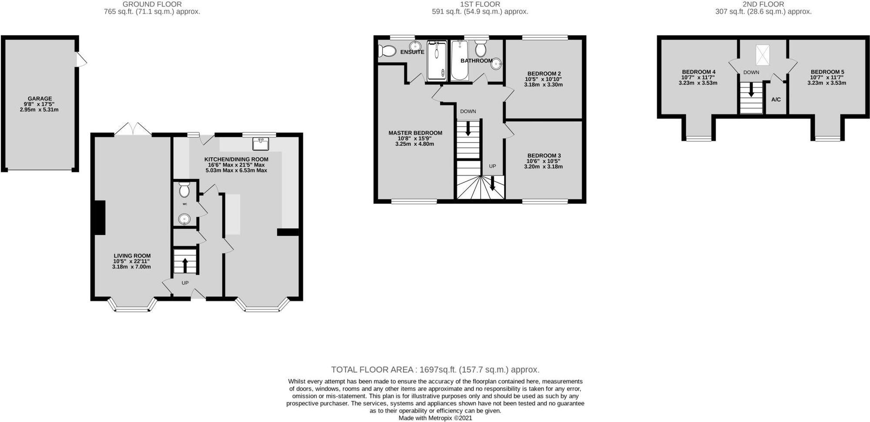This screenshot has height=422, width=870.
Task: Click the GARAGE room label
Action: click(39, 99)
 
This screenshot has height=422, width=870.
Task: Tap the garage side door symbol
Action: click(81, 60)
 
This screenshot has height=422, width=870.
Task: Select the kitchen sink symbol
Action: click(261, 142)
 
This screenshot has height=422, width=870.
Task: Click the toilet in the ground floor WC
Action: click(184, 190)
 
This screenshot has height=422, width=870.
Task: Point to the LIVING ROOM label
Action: click(132, 256)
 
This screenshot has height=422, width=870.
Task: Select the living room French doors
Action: click(133, 129)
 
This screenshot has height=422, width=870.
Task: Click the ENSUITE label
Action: click(412, 52)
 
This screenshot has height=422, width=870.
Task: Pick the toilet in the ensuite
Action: click(386, 51)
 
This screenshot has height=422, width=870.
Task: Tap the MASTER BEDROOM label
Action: click(415, 133)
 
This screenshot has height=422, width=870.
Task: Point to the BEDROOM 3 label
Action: click(544, 155)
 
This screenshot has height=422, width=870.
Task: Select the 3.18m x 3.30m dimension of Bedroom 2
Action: click(543, 85)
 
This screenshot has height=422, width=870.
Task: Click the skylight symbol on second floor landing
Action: click(762, 54)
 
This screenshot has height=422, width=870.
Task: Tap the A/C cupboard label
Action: click(776, 100)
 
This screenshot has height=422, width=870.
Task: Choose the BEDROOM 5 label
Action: click(827, 72)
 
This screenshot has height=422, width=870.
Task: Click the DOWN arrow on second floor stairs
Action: click(751, 91)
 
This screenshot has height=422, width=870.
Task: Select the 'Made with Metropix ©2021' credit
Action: click(435, 418)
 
